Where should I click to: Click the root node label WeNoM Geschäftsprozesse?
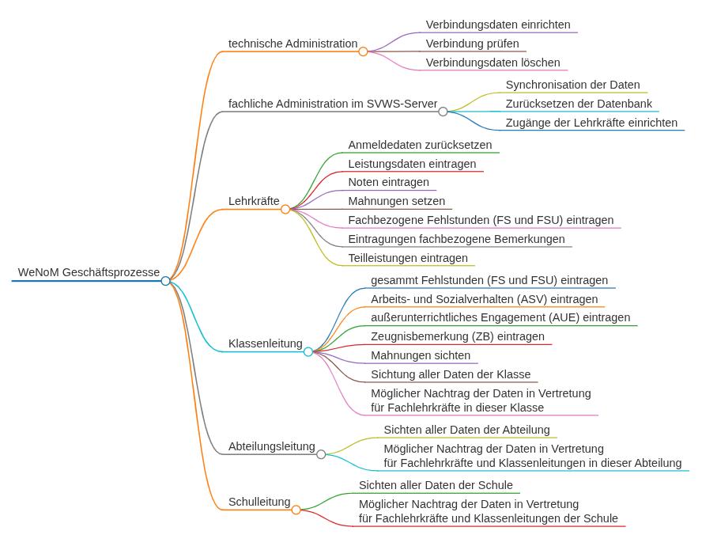pos(89,272)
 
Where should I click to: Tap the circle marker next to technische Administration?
pos(363,51)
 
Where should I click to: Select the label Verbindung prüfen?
pos(472,44)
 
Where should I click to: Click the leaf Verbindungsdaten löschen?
pos(493,63)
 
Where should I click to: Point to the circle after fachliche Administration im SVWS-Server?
pos(443,112)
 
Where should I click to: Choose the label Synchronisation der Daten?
pos(572,85)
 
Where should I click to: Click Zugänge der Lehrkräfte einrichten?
pos(591,123)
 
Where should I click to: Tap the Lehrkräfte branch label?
pos(254,201)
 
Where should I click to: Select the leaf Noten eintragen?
pos(388,182)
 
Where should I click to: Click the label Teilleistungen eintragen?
pos(408,258)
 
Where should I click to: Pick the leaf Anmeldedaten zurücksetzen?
pos(420,145)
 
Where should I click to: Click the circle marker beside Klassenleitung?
pos(308,351)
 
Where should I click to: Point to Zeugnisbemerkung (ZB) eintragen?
pos(458,336)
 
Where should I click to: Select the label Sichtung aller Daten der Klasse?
pos(451,374)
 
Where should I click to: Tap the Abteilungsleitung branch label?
pos(271,446)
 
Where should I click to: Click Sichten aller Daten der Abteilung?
pos(466,430)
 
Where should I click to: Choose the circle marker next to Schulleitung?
pos(296,510)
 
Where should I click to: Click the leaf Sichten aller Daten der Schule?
pos(436,485)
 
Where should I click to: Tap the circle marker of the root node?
pos(165,281)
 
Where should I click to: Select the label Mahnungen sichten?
pos(421,355)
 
